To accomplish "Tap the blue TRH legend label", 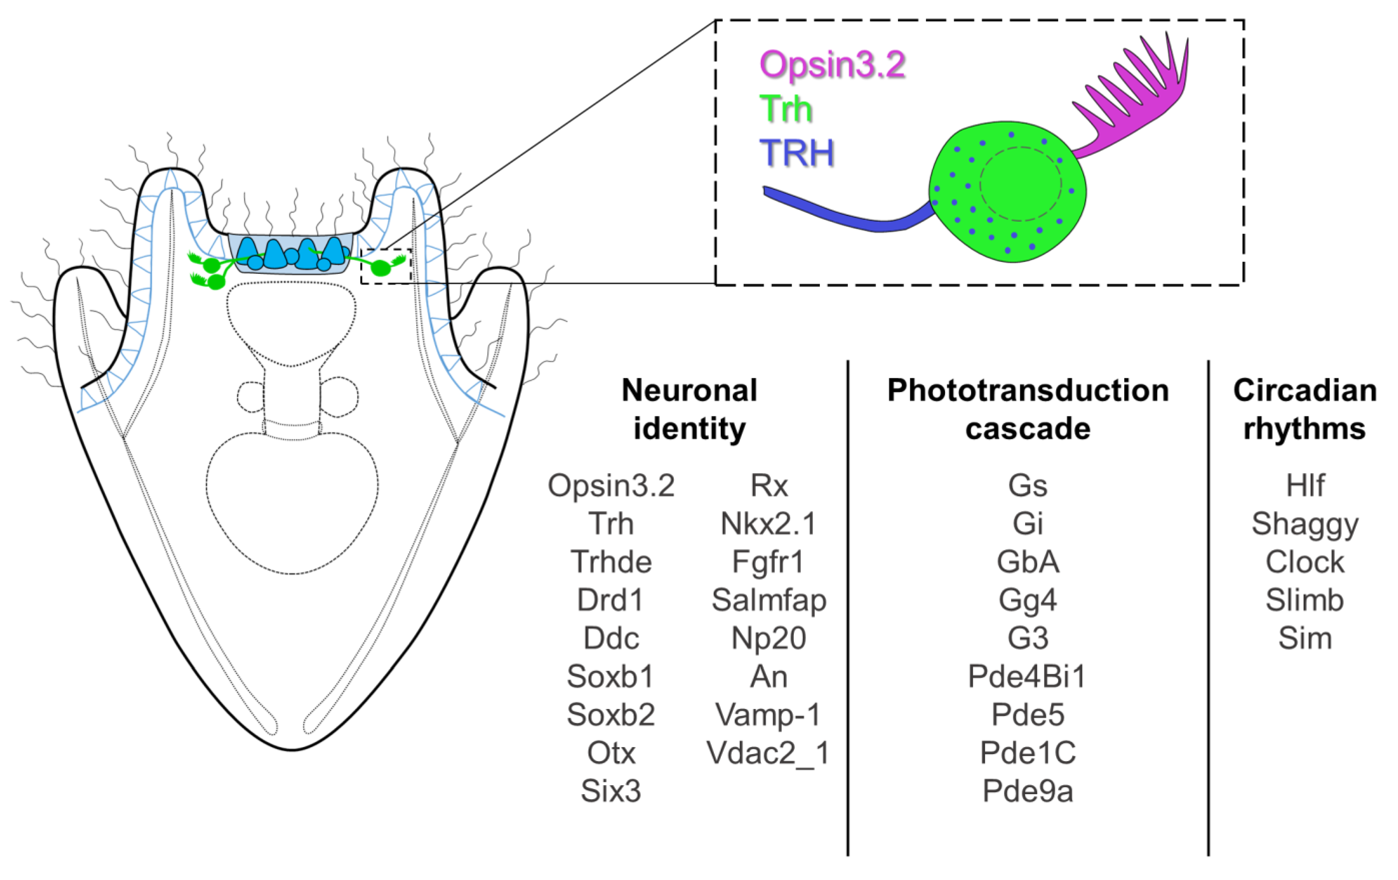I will (796, 153).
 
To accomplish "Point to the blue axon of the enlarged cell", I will (842, 215).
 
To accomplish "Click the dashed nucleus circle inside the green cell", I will (1020, 184).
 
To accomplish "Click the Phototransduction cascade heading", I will (1028, 410).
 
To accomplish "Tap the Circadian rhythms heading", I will (1305, 410).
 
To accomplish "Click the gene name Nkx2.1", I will (768, 524).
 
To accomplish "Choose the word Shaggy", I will (1305, 524).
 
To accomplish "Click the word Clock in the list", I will (1305, 562).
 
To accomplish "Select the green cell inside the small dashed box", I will (381, 268).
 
